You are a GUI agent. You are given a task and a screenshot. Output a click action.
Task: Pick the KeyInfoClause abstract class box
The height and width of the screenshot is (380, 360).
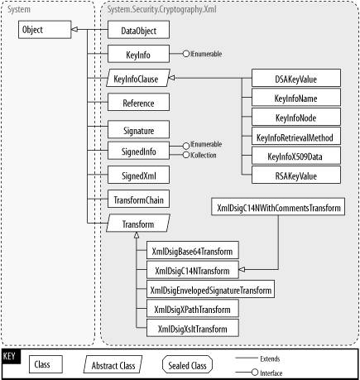point(138,79)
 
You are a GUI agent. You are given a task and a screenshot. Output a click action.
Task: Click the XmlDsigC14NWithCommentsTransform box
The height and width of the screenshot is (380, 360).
point(277,208)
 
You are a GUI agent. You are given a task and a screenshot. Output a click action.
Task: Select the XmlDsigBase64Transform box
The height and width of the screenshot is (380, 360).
point(192,251)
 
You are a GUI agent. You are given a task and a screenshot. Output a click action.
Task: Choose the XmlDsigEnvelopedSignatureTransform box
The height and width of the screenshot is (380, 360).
point(209,290)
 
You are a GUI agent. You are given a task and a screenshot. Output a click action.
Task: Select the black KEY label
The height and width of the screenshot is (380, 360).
point(11,356)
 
